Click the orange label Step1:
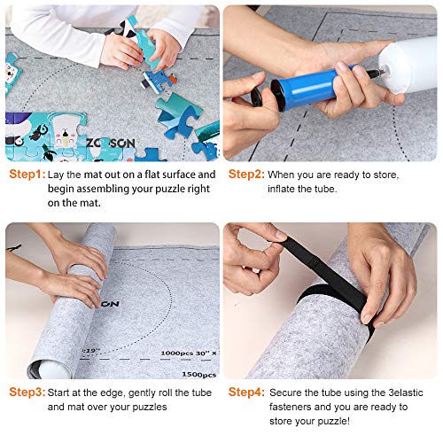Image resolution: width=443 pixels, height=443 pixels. click(26, 175)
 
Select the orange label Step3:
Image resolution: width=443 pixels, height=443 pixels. click(26, 391)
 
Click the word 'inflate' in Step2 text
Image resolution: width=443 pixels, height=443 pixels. click(284, 189)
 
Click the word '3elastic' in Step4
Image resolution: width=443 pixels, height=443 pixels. click(402, 392)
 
